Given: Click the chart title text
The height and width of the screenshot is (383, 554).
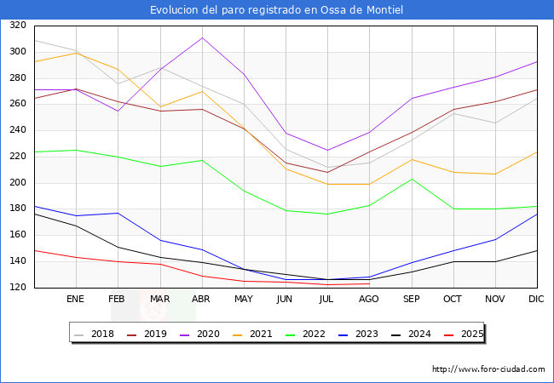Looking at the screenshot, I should pos(276,10).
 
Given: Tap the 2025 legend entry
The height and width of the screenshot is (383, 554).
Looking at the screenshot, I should pos(461,334).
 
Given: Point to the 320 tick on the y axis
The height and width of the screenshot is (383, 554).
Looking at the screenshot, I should pos(17,26).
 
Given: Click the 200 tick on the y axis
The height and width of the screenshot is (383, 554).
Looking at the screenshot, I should pos(17,183).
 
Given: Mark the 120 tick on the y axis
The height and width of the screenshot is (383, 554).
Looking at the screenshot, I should pos(17,288).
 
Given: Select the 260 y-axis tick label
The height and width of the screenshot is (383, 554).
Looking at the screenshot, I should pos(17,105).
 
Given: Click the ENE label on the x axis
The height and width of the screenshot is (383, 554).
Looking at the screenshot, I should pos(75,300).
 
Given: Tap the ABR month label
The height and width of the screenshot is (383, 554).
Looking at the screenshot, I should pos(201,300).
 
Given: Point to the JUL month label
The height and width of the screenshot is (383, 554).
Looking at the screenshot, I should pos(327,300).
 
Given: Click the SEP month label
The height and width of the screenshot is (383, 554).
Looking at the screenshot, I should pos(411,300).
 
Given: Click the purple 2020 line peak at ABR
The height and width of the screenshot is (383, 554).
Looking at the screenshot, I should pos(201,37).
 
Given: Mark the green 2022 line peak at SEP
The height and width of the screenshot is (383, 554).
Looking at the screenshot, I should pos(411,179).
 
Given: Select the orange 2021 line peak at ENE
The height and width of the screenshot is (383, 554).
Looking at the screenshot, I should pos(75,53).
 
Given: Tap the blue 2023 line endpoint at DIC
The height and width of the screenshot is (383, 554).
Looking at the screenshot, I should pos(537,214).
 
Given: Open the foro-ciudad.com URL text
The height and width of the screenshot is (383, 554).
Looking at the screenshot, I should pos(488,369).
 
